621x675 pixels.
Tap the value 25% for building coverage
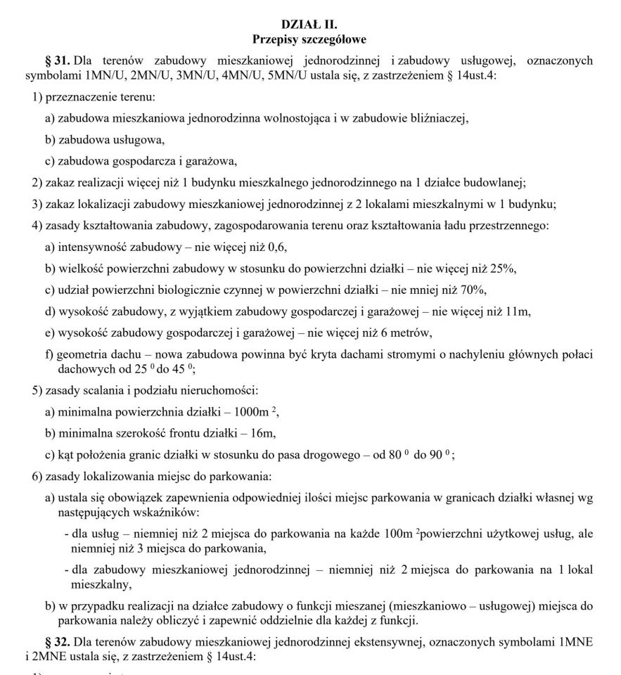[x=504, y=269]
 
